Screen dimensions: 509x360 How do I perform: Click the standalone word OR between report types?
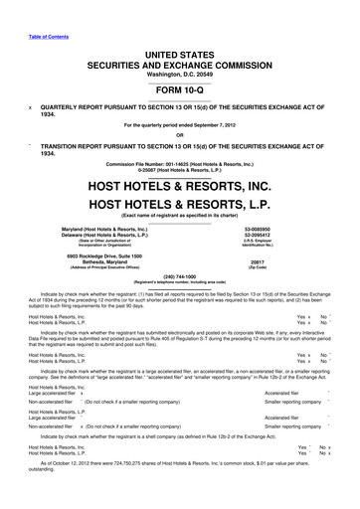(x=179, y=136)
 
